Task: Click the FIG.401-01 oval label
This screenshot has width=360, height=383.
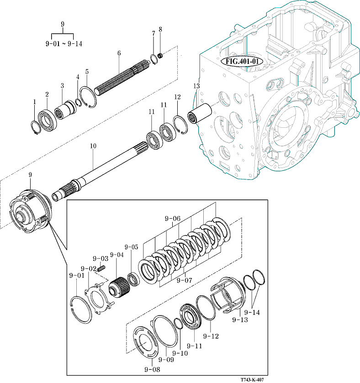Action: click(x=242, y=61)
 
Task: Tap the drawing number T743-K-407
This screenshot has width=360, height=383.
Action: click(x=252, y=380)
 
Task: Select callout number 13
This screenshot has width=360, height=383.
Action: click(x=196, y=86)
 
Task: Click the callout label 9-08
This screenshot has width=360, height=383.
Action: click(x=152, y=370)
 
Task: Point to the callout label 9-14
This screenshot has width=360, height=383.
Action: click(x=252, y=312)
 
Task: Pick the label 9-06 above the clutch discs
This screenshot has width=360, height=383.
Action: click(x=173, y=218)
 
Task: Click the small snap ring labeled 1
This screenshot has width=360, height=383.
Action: click(x=35, y=127)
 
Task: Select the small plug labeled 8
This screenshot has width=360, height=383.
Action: click(x=160, y=56)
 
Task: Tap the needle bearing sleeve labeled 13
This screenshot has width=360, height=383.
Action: click(x=200, y=114)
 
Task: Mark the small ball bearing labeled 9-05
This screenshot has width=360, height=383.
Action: click(x=133, y=279)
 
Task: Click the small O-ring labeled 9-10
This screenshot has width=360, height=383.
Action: click(x=179, y=324)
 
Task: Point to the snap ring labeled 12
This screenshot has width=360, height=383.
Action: click(x=180, y=125)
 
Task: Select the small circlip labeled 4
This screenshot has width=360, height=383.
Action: click(x=79, y=103)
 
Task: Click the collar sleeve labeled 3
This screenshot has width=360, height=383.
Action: click(x=65, y=110)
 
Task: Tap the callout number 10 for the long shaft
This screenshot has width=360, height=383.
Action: click(x=93, y=146)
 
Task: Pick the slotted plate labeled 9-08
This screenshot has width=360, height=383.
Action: click(x=146, y=342)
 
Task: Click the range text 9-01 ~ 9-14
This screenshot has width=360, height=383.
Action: click(x=64, y=44)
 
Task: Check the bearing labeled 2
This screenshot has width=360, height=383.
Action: click(x=48, y=119)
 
